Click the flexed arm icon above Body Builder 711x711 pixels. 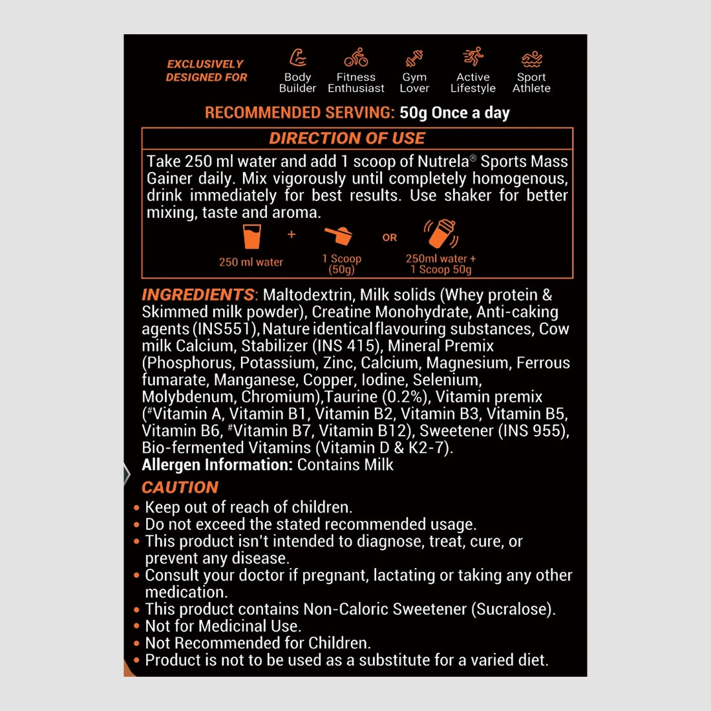coord(297,58)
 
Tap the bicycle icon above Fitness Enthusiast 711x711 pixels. coord(355,58)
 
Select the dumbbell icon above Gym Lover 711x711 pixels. coord(414,59)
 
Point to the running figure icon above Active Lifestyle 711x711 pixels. coord(473,57)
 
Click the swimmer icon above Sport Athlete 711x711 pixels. coord(531,59)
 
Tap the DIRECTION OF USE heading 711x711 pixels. coord(347,138)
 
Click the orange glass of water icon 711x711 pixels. coord(251,237)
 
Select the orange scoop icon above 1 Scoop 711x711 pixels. coord(339,235)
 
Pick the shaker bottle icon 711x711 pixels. coord(441,234)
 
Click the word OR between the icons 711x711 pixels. coord(389,238)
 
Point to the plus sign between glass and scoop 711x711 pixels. coord(292,234)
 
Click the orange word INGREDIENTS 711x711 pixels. coord(198,295)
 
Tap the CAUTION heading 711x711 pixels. coord(180,487)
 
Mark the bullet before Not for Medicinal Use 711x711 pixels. coord(136,626)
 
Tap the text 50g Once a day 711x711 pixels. coord(454,112)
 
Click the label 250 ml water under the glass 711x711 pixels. coord(251,262)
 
